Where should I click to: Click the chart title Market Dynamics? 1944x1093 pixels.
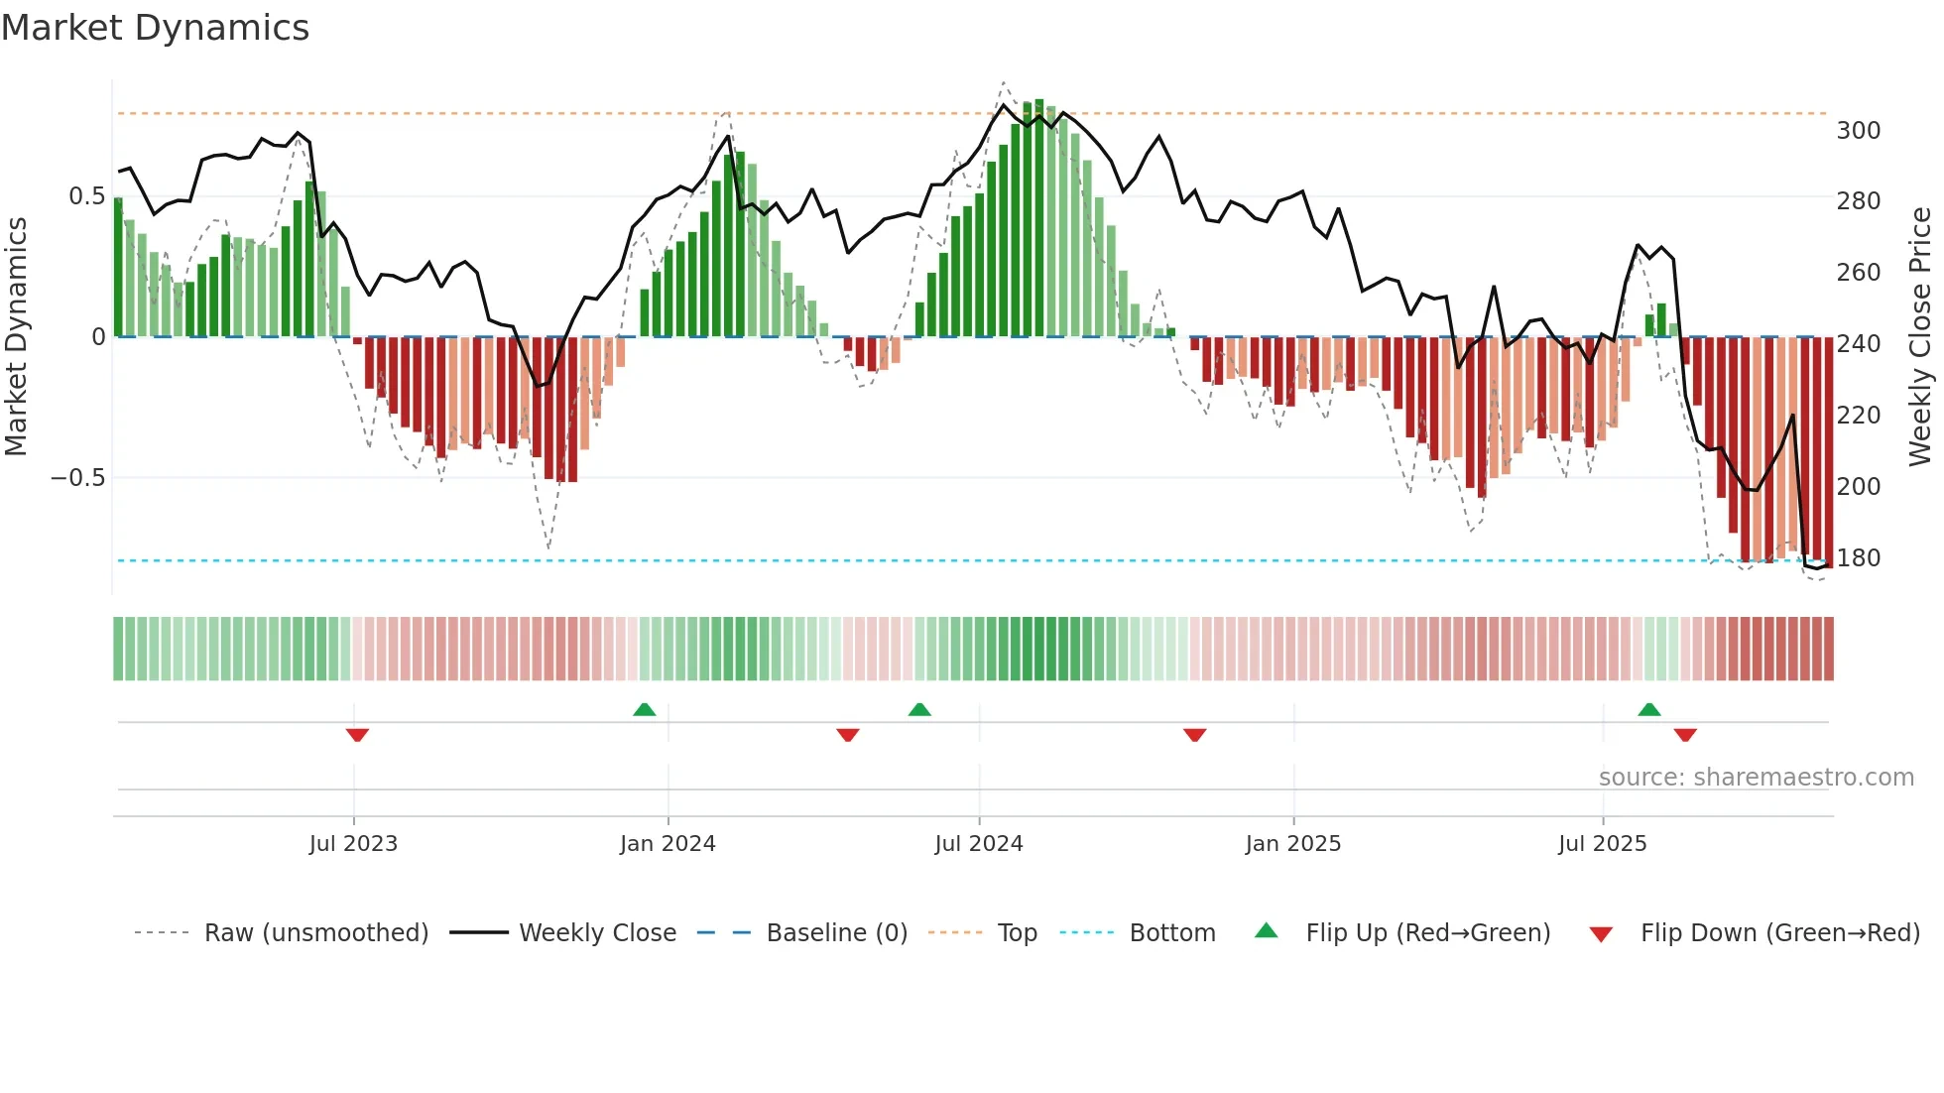(156, 28)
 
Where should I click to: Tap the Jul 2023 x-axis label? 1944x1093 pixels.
(353, 844)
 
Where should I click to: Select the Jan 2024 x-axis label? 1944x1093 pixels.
(668, 844)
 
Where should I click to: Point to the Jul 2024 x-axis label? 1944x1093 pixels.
(978, 844)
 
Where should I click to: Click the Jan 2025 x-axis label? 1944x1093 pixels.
(1293, 844)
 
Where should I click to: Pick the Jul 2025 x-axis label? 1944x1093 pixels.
(1602, 844)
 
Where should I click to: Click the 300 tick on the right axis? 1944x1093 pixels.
(1858, 131)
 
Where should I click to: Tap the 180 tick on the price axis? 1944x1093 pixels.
(1858, 558)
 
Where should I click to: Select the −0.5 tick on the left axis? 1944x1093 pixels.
(78, 478)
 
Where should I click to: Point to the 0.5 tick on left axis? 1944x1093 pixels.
(87, 196)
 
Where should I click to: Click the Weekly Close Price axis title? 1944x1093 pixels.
(1920, 337)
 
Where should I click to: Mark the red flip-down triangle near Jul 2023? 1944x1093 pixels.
(357, 735)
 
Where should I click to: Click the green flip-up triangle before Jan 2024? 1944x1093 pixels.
(645, 709)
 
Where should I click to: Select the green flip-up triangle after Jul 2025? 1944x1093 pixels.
(1649, 709)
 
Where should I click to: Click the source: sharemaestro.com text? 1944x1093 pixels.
(1756, 778)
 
